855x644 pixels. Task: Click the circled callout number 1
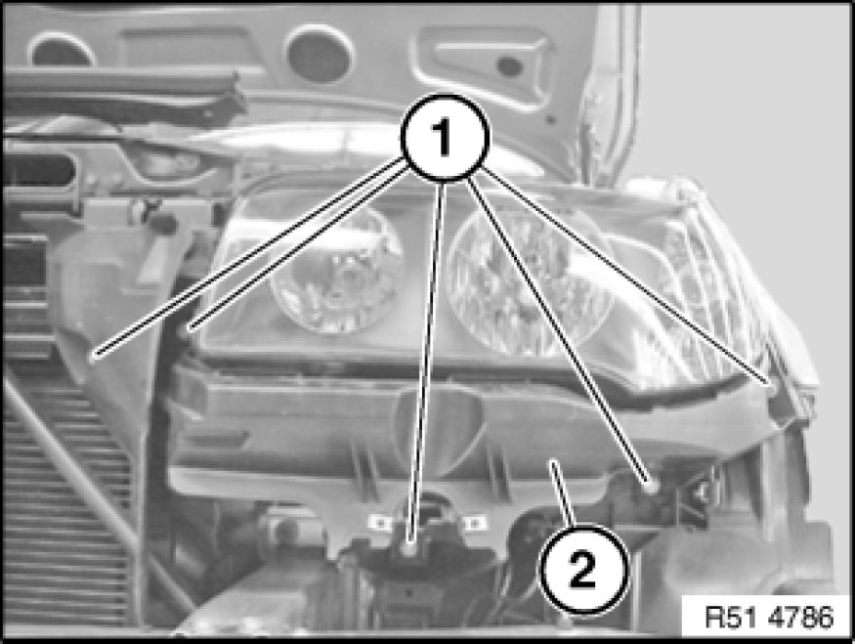tap(445, 137)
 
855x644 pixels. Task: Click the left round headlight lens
tap(335, 270)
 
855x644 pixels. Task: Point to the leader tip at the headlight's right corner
tap(770, 383)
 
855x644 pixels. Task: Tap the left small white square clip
tap(381, 523)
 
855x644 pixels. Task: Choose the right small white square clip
tap(474, 523)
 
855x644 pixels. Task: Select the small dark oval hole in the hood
tap(510, 66)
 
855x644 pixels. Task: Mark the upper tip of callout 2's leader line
tap(553, 462)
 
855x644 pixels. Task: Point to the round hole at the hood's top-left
tap(61, 50)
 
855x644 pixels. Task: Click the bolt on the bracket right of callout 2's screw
tap(704, 493)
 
